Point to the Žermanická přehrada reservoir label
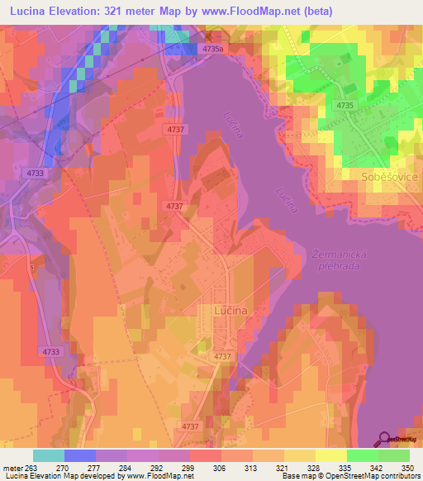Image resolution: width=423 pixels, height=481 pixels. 341,261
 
